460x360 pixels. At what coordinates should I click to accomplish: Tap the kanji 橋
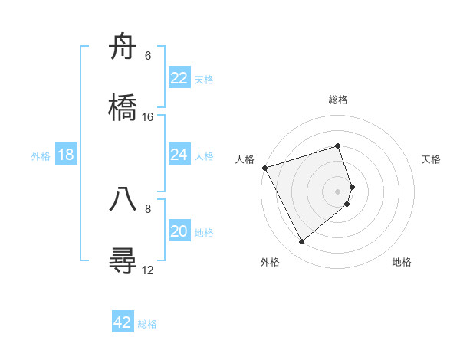123,108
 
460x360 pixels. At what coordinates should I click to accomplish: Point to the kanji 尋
123,260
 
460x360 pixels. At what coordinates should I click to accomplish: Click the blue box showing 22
179,77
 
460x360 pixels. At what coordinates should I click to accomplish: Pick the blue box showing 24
179,155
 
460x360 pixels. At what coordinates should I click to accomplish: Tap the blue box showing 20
179,231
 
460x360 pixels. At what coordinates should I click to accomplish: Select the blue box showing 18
66,155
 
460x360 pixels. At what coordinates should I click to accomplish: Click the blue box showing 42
123,322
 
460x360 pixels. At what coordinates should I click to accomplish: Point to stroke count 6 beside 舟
148,56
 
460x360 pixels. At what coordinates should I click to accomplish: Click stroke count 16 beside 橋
148,117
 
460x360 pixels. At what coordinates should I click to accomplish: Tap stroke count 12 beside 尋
148,270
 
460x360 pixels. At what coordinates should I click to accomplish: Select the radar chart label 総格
338,100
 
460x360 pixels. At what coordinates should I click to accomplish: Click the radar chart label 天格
432,159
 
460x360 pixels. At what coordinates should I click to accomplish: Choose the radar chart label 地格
402,262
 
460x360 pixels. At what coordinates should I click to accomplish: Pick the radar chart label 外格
270,262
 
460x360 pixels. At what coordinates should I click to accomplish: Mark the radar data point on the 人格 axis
264,168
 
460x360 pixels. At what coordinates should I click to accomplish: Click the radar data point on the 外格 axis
302,242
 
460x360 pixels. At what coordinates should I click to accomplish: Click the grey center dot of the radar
338,191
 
